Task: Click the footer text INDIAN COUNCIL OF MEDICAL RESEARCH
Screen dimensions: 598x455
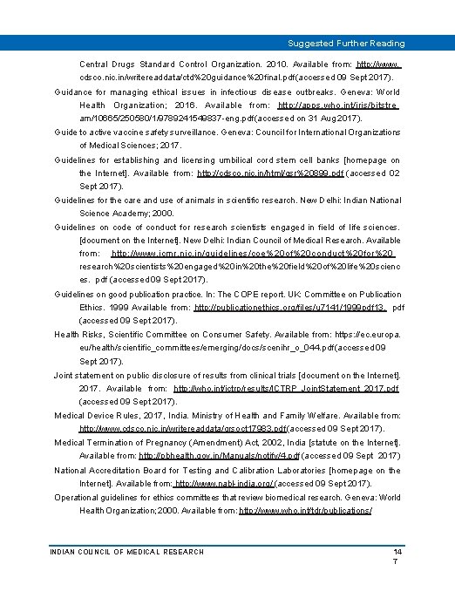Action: pyautogui.click(x=127, y=552)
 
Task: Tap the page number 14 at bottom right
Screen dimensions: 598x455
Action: pyautogui.click(x=397, y=552)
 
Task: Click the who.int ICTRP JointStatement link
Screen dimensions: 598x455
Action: pyautogui.click(x=286, y=388)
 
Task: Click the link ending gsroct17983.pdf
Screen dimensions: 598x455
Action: pyautogui.click(x=182, y=429)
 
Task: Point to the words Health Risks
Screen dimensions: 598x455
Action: pyautogui.click(x=77, y=334)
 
